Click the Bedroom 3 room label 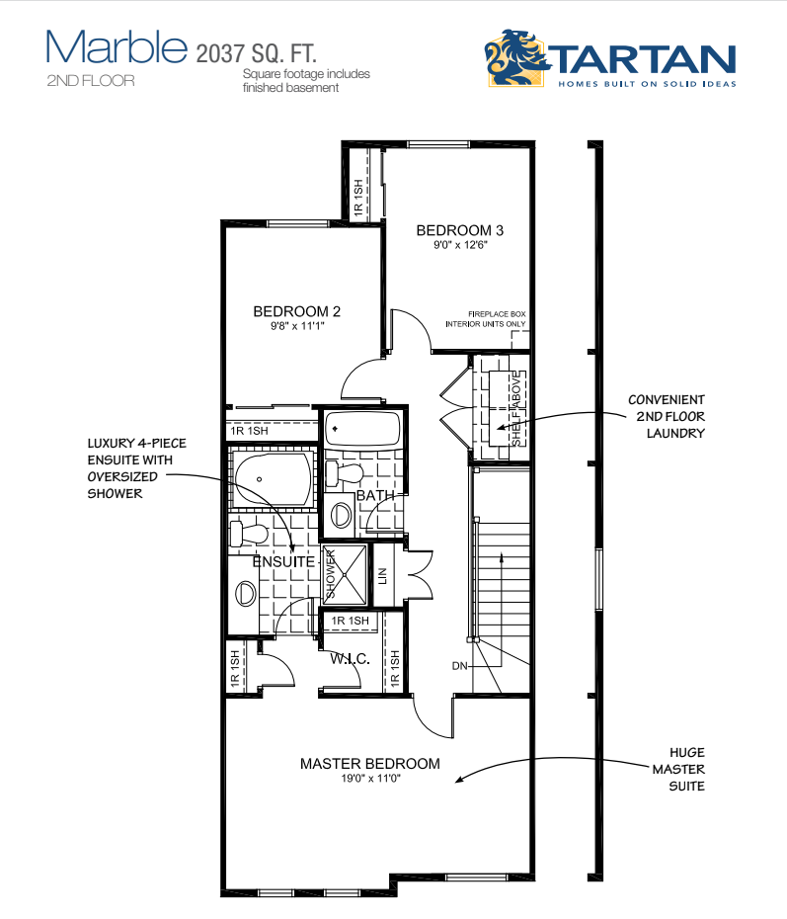(460, 230)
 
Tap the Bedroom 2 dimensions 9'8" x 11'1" (297, 326)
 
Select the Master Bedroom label (370, 764)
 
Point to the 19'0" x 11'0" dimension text (370, 779)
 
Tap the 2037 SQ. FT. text (256, 53)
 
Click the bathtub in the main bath (362, 430)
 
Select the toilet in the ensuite (248, 534)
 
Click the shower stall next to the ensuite (345, 574)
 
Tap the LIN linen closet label (383, 575)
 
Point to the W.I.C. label (350, 659)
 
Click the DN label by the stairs (460, 666)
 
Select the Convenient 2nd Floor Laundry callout (667, 416)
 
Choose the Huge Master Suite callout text (678, 769)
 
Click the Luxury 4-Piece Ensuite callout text (137, 468)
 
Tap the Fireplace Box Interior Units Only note (486, 319)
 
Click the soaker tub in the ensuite (274, 479)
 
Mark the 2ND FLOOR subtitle (91, 80)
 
